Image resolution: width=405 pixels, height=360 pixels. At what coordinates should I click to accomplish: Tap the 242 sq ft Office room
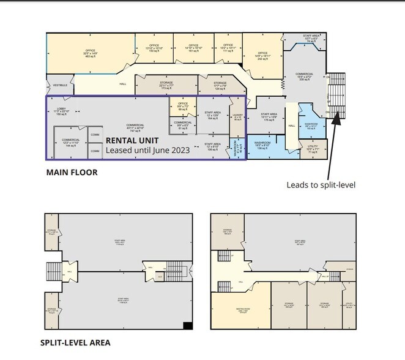coord(262,57)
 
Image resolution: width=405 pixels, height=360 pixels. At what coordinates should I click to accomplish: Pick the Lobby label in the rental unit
coord(62,112)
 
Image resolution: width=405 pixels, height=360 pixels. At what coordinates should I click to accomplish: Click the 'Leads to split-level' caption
coord(321,184)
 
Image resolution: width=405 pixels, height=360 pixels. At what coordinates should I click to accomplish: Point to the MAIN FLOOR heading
coord(72,173)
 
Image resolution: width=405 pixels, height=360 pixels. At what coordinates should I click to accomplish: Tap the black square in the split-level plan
coord(188,325)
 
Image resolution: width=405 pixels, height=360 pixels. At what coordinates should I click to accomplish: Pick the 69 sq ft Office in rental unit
coord(183,107)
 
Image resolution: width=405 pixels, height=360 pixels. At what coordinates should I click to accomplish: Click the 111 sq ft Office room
coord(228,48)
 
